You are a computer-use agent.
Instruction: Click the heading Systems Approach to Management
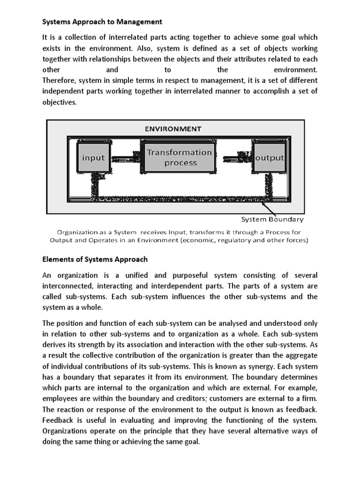[x=102, y=22]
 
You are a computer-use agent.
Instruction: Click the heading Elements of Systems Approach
[x=95, y=259]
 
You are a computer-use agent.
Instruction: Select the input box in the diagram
[x=93, y=157]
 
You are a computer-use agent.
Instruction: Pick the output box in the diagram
[x=270, y=157]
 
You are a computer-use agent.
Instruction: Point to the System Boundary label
[x=272, y=219]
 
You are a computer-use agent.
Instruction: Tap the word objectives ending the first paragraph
[x=59, y=102]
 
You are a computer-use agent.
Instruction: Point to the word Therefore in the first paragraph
[x=60, y=81]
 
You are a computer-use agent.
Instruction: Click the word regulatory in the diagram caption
[x=246, y=240]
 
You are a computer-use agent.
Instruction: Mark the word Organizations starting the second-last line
[x=66, y=431]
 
